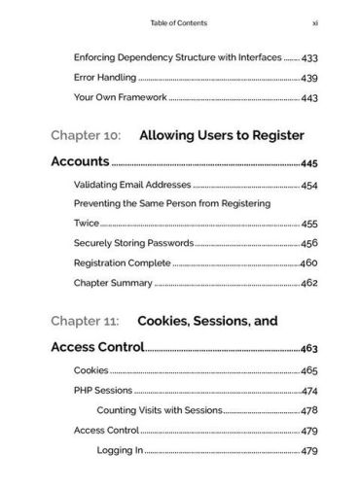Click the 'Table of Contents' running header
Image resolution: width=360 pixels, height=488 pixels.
179,20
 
